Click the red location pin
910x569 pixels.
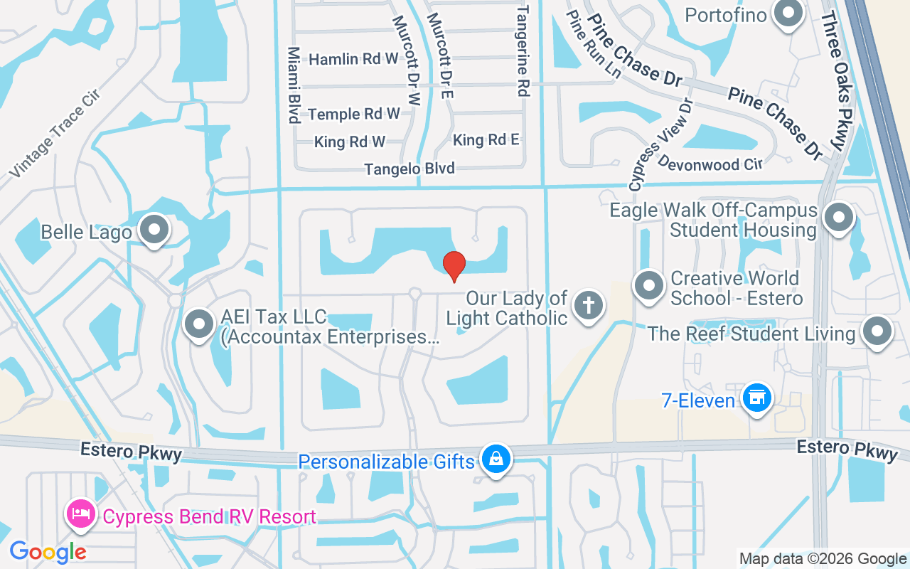pyautogui.click(x=454, y=265)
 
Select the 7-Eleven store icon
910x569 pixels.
pyautogui.click(x=756, y=398)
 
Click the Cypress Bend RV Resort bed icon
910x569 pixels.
pyautogui.click(x=80, y=514)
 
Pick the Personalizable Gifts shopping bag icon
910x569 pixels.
pyautogui.click(x=495, y=459)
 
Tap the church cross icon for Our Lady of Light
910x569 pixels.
pyautogui.click(x=588, y=305)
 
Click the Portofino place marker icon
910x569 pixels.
pyautogui.click(x=788, y=14)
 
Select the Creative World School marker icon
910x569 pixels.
pyautogui.click(x=648, y=287)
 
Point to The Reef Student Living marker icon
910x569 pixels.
pyautogui.click(x=877, y=331)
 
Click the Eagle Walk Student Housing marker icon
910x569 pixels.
pyautogui.click(x=839, y=217)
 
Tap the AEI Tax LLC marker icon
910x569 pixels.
pyautogui.click(x=199, y=324)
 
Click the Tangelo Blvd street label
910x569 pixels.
pyautogui.click(x=409, y=169)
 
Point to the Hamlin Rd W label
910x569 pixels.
pyautogui.click(x=353, y=59)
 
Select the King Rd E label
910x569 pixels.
pyautogui.click(x=486, y=140)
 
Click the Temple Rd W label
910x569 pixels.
pyautogui.click(x=354, y=114)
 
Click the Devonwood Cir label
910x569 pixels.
pyautogui.click(x=710, y=164)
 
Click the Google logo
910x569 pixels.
pyautogui.click(x=48, y=551)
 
